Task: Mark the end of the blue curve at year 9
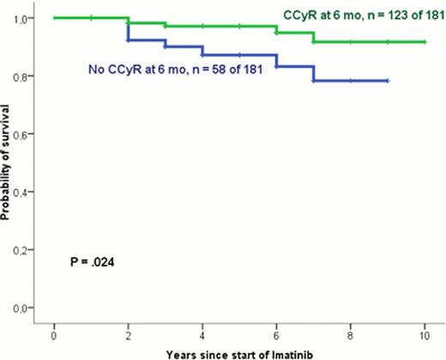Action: pyautogui.click(x=388, y=81)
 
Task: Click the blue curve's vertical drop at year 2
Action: pyautogui.click(x=128, y=29)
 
